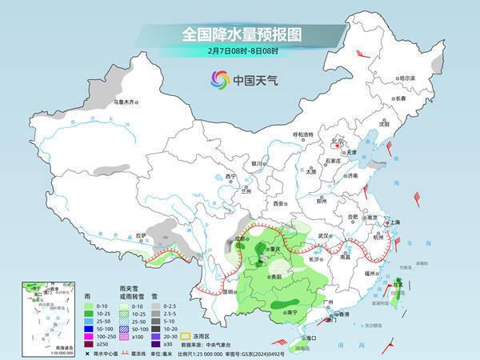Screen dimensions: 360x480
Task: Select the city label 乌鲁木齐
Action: click(x=126, y=102)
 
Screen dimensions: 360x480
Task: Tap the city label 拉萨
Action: click(x=141, y=235)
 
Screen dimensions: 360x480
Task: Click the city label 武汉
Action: click(x=323, y=236)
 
